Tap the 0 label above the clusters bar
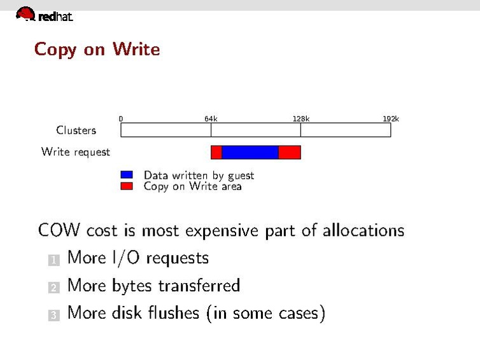(x=121, y=118)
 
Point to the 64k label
(x=211, y=118)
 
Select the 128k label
(x=300, y=118)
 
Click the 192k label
(x=390, y=118)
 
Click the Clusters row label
(x=76, y=130)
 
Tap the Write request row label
(x=75, y=152)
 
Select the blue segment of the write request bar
(x=250, y=152)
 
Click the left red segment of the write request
(x=216, y=152)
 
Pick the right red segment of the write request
(x=289, y=152)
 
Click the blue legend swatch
(x=127, y=174)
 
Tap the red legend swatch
(x=127, y=186)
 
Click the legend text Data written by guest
(x=199, y=175)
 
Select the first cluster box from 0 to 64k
(x=166, y=130)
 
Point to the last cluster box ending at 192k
(x=345, y=130)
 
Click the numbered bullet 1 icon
(x=53, y=260)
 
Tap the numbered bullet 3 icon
(x=53, y=315)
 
